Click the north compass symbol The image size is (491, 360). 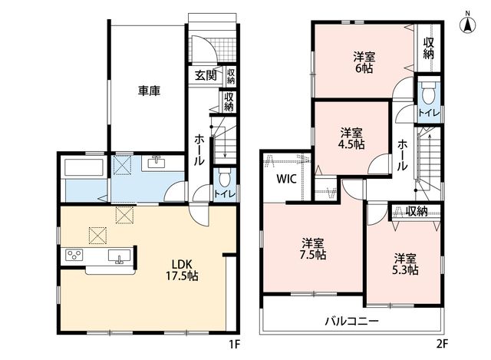click(467, 22)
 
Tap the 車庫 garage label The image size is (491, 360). click(150, 91)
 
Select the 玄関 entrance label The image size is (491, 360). click(206, 75)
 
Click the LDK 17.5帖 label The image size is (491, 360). click(182, 269)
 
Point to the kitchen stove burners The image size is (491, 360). click(74, 254)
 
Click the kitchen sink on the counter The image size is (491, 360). click(120, 256)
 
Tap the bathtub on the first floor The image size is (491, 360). click(84, 168)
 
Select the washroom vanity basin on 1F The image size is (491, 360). click(156, 163)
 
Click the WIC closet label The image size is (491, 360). click(286, 179)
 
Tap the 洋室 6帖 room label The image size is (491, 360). click(364, 63)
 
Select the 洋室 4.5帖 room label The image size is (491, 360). click(351, 139)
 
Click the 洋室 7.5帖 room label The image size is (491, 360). click(313, 249)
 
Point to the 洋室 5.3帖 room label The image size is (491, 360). click(405, 264)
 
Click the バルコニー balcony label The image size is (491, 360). click(351, 321)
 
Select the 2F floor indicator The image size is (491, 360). click(442, 345)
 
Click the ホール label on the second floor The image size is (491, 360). click(402, 155)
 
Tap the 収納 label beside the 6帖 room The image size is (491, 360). click(428, 48)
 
